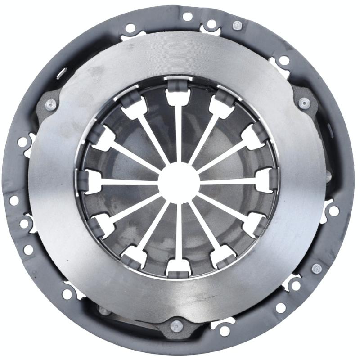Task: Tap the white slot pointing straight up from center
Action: coord(178,130)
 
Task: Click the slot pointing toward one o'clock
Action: coord(205,137)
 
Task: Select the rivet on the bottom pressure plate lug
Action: coord(177,325)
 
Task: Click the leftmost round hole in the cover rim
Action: coord(14,200)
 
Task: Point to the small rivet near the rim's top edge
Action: coord(237,25)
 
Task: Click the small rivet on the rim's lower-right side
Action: coord(317,269)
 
